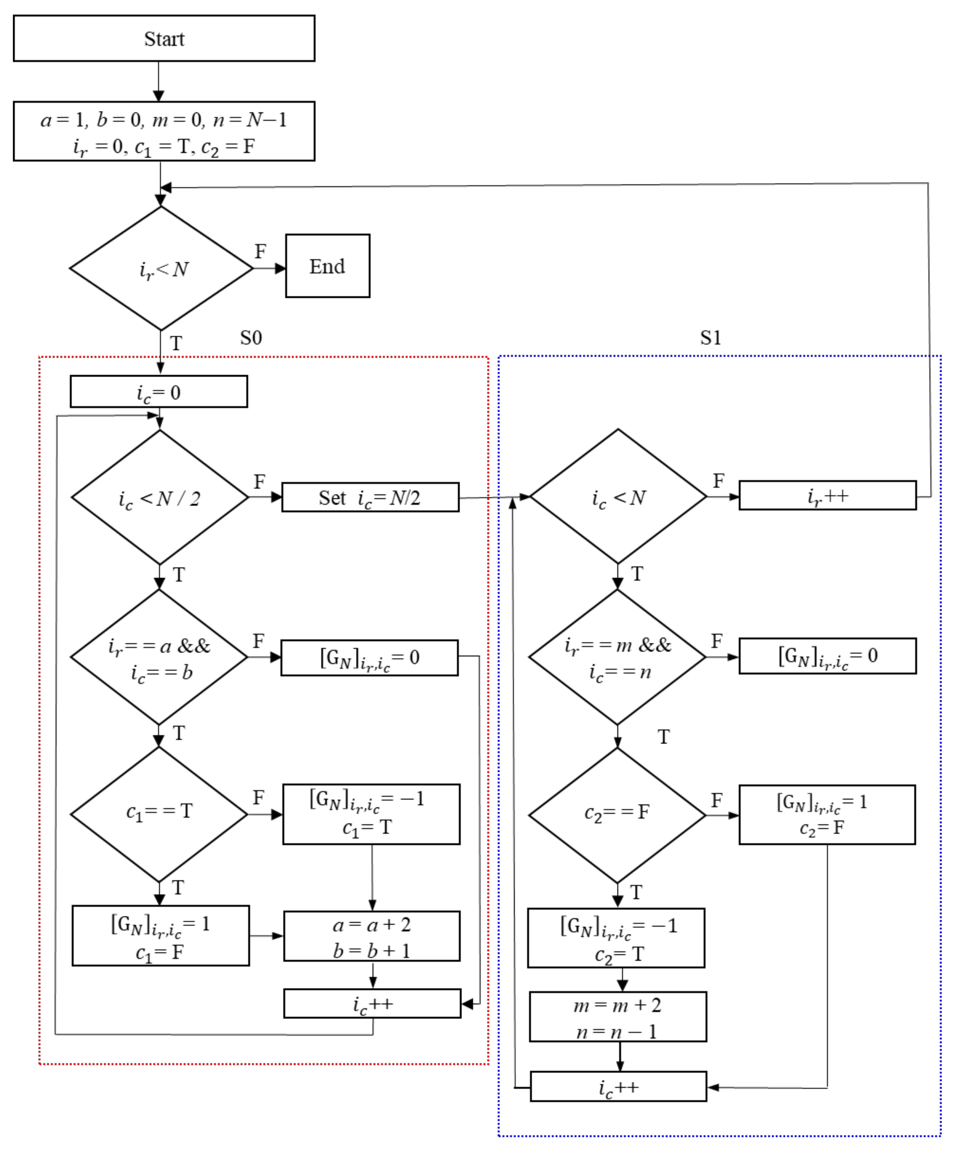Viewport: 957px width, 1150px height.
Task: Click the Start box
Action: tap(164, 38)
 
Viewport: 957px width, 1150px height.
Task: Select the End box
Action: tap(327, 266)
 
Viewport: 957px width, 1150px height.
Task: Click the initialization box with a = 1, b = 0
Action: tap(164, 131)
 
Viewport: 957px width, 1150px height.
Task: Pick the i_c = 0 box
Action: tap(158, 392)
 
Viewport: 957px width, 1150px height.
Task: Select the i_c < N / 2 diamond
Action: tap(159, 497)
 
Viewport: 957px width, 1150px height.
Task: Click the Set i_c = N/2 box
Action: tap(370, 497)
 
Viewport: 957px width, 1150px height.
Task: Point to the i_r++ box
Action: tap(827, 496)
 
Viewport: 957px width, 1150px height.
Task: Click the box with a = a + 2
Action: tap(372, 936)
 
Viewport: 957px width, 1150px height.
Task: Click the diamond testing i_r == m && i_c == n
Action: tap(617, 657)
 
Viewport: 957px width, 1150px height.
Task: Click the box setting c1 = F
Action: tap(161, 936)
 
